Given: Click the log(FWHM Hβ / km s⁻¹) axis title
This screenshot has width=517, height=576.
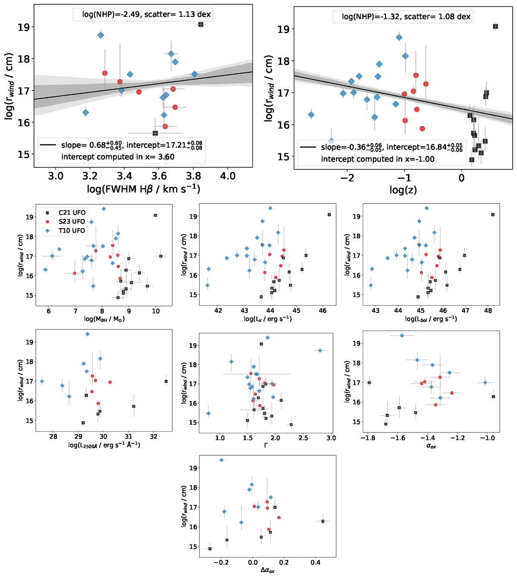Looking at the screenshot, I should pos(144,189).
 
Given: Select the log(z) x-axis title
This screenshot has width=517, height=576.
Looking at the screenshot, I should pos(403,190).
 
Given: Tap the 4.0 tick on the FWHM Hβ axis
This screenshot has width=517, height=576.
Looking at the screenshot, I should pos(228,176).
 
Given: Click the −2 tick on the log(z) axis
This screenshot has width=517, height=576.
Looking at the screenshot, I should pos(347,178).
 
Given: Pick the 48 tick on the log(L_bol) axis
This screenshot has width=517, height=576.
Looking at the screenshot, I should pos(488,310).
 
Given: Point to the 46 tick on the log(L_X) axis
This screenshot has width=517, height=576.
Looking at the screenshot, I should pos(323,310).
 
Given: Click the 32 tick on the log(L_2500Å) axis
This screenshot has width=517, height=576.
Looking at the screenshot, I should pos(154,436).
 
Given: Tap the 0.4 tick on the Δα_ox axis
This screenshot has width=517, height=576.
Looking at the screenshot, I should pos(315,562).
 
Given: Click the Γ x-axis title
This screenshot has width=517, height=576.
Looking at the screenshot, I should pos(265,445).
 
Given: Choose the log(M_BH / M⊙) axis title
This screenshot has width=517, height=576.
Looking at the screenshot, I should pos(104,319).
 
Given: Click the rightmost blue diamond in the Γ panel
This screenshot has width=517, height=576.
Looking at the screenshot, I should pos(320,351).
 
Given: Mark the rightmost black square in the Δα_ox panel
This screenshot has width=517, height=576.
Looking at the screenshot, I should pos(323,521).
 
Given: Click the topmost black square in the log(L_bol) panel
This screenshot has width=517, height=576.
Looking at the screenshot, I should pos(493,215).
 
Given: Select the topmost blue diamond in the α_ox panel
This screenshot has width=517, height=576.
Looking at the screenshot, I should pos(402,335).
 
